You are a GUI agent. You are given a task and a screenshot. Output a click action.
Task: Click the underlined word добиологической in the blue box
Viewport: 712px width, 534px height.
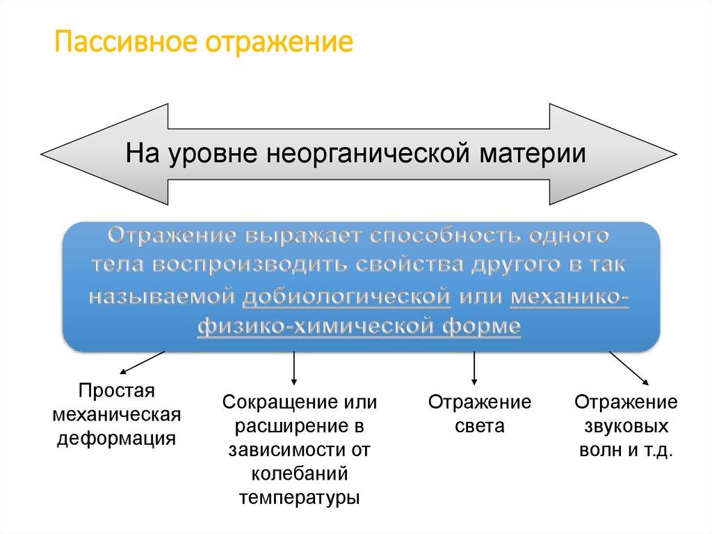coord(347,296)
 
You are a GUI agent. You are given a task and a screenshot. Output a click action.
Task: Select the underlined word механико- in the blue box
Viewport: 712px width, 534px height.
coord(569,296)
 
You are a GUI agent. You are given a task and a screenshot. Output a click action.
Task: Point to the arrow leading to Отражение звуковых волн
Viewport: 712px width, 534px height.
coord(629,368)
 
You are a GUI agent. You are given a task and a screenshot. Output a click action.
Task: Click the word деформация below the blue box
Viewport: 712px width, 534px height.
coord(117,438)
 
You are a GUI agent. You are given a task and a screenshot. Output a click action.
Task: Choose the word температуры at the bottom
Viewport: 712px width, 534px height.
coord(300,498)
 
